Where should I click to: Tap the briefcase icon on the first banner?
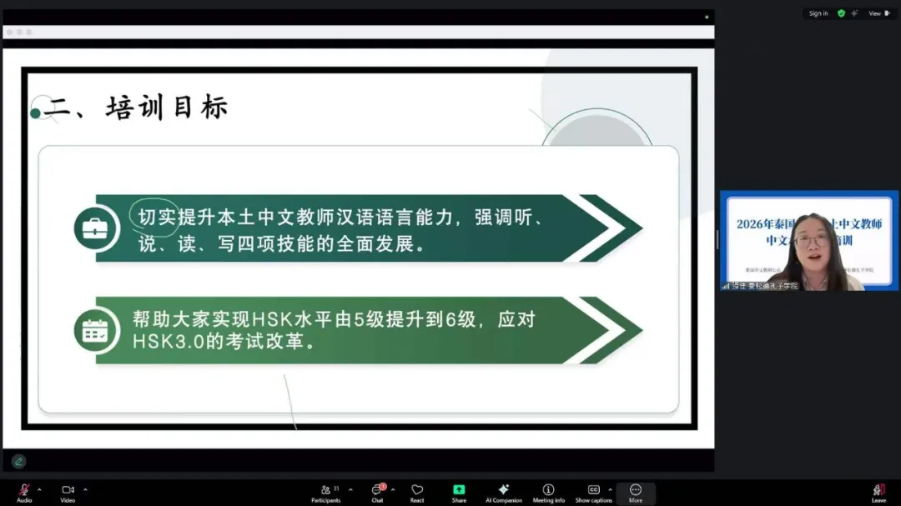point(97,228)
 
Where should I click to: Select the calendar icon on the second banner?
point(97,330)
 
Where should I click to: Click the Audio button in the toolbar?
point(24,492)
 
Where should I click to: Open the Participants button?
point(325,492)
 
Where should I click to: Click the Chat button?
point(377,492)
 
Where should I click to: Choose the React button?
point(417,492)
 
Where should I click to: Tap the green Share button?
point(459,492)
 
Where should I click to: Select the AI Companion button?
point(503,492)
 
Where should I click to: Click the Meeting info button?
point(548,492)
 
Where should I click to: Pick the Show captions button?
point(593,492)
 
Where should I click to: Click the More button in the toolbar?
point(636,492)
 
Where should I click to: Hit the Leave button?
point(878,492)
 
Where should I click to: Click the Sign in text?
point(818,13)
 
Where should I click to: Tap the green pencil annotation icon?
point(18,461)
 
